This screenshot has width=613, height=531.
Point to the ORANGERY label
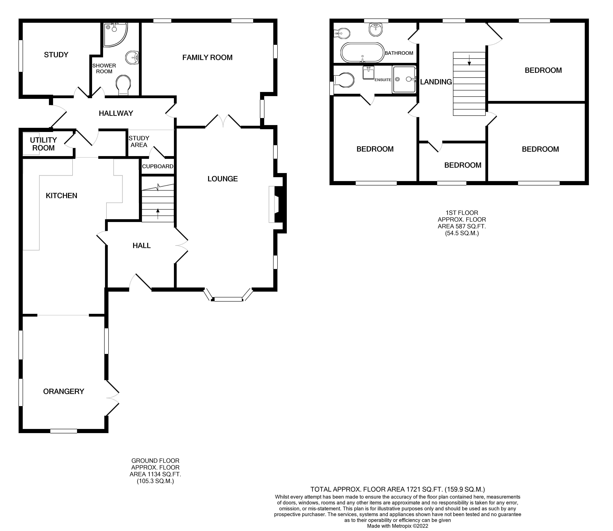point(64,391)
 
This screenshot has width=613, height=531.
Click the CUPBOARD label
point(158,166)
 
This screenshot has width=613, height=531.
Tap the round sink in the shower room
point(132,57)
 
